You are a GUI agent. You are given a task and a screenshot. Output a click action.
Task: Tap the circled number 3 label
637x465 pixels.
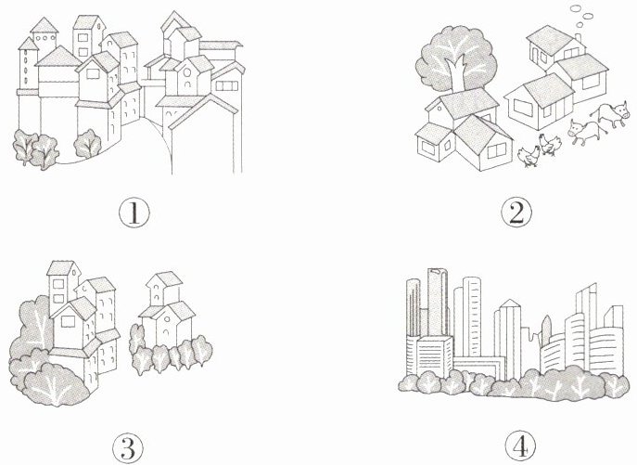128,447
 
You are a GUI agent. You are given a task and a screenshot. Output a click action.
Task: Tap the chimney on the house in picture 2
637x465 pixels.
578,38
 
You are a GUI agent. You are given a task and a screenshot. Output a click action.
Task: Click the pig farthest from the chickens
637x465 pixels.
608,115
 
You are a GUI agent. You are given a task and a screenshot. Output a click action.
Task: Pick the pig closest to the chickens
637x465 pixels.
584,132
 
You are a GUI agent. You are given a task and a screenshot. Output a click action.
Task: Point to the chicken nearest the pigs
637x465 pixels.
549,144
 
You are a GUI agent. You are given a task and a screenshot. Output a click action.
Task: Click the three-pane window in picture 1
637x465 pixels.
226,85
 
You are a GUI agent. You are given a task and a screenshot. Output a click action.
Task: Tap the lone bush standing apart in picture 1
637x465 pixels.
87,143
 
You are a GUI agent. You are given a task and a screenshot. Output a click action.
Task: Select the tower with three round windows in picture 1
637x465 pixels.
44,36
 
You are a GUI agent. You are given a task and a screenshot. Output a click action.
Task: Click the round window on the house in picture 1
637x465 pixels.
187,73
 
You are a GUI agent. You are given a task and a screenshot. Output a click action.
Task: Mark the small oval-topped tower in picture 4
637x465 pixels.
546,330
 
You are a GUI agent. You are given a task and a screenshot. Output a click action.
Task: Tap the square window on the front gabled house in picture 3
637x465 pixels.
67,322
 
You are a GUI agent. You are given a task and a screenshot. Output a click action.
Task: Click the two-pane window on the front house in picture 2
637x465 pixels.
496,151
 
